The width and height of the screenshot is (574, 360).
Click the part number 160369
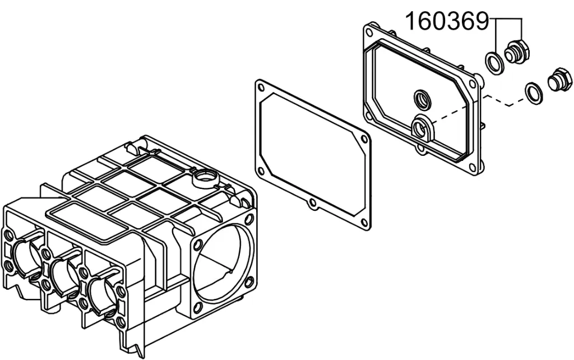[x=447, y=22]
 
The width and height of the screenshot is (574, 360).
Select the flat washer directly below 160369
[x=494, y=62]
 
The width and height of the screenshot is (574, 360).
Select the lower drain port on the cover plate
[x=423, y=128]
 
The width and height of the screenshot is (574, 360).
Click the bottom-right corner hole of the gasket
[x=363, y=222]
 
